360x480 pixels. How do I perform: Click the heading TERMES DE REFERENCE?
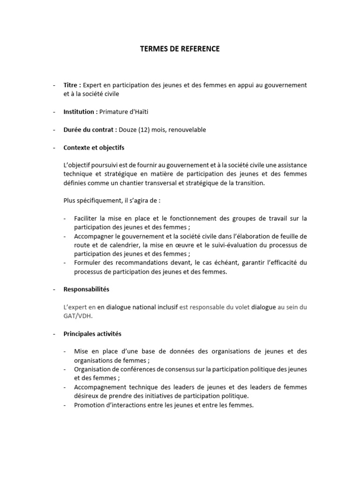180,48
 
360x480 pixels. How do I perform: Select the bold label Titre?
72,85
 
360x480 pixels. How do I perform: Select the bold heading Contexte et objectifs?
94,148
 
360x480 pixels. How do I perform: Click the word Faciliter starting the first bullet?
86,219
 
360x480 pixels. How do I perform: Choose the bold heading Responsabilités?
86,289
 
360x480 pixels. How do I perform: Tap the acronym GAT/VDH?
78,315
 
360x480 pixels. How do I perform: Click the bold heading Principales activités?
92,334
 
